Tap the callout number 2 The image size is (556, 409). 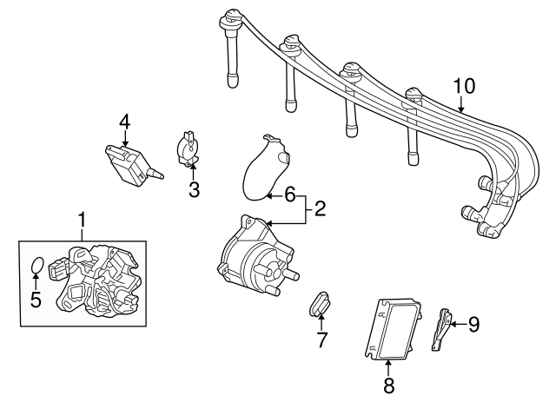[320, 208]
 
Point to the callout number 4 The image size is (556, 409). [125, 122]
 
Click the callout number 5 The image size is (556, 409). [36, 300]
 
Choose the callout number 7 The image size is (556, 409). [321, 340]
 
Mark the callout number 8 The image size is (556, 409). [388, 383]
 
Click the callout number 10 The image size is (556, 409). [465, 85]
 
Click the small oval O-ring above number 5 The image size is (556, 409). [37, 266]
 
